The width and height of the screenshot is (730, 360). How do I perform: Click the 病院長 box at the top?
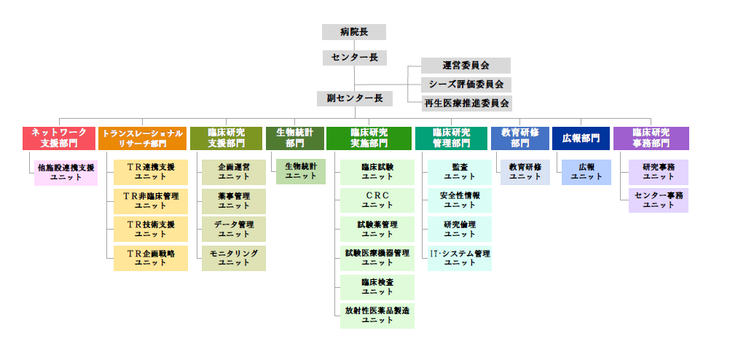pos(353,32)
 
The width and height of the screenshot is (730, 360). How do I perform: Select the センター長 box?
pos(353,58)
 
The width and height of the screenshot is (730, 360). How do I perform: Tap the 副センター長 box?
pos(354,98)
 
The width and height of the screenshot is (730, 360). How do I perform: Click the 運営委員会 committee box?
pos(466,66)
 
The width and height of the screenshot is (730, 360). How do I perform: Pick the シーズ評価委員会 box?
pos(466,85)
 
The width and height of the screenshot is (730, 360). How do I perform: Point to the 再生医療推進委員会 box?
pos(466,103)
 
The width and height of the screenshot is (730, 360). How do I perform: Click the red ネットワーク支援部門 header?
pos(59,138)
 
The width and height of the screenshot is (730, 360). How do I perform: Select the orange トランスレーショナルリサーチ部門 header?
pos(142,138)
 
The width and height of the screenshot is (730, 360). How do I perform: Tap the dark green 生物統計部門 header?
pos(294,138)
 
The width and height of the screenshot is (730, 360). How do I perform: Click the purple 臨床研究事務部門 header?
pos(651,138)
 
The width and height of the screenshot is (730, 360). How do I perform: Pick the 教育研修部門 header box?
pos(519,138)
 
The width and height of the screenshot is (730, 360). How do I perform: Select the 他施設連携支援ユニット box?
pos(66,173)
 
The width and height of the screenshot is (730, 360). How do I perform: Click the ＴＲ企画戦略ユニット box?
pos(151,258)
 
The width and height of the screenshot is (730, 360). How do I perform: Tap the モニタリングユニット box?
pos(234,258)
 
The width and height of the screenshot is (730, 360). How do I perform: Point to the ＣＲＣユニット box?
pos(377,201)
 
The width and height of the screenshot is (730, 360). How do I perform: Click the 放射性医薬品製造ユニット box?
pos(377,316)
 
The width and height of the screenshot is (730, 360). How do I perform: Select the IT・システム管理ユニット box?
pos(459,258)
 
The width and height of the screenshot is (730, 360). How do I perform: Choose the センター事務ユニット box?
pos(658,200)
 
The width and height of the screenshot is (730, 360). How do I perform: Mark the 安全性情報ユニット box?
pos(459,200)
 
